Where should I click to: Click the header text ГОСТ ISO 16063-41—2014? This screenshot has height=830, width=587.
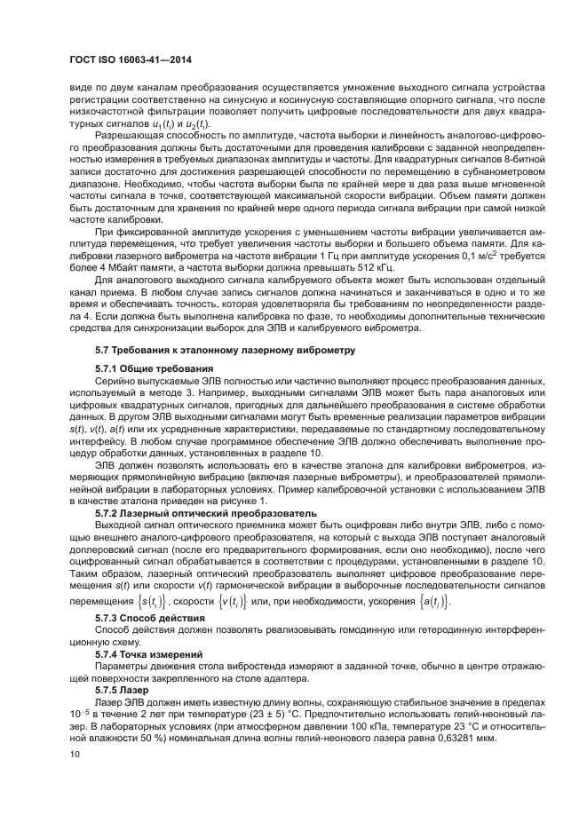[131, 59]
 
